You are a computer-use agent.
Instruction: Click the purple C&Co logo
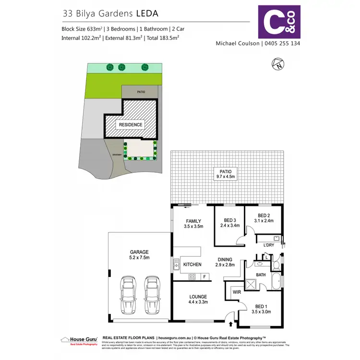[x=279, y=21]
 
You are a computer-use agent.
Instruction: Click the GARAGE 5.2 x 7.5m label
[x=139, y=254]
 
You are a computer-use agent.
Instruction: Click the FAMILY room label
[x=193, y=224]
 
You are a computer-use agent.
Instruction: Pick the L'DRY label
[x=269, y=245]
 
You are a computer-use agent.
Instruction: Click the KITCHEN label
[x=192, y=264]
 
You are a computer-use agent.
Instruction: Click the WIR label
[x=236, y=291]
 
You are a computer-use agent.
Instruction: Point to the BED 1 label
[x=261, y=309]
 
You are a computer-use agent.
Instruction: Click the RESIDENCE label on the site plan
[x=131, y=125]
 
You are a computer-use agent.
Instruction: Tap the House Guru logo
[x=79, y=340]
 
